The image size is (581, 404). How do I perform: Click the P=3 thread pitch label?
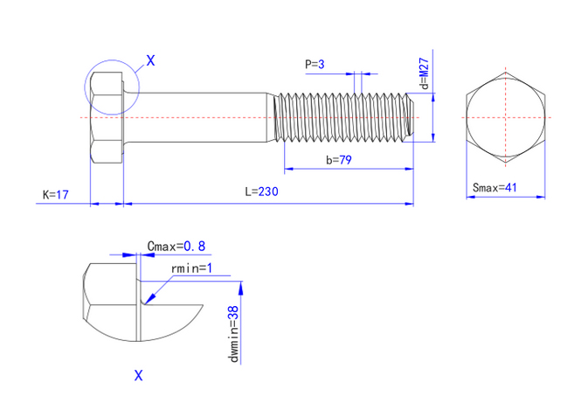tap(315, 64)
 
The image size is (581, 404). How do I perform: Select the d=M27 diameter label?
tap(423, 74)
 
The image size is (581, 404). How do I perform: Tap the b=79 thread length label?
tap(338, 160)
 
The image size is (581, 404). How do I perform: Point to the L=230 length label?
tap(261, 192)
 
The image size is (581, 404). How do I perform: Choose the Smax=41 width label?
tap(495, 187)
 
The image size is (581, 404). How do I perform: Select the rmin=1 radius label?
tap(192, 268)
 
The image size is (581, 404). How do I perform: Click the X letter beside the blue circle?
tap(150, 60)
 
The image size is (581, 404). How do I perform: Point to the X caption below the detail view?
tap(138, 376)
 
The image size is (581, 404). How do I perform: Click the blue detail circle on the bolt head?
tap(85, 87)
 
